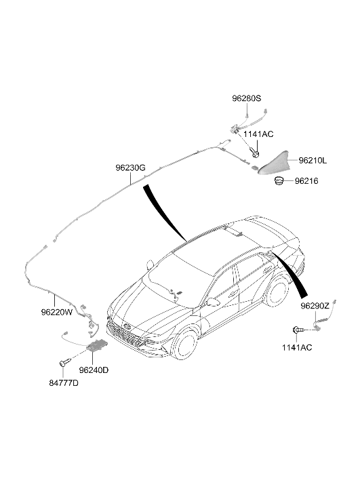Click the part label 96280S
[247, 98]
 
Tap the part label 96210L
[313, 161]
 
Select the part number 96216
[306, 181]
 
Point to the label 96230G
[130, 168]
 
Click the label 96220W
[56, 312]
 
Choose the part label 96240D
[94, 370]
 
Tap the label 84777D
[64, 383]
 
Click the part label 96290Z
[315, 306]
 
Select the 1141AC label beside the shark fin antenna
[258, 134]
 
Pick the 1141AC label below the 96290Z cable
[297, 347]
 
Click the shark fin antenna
[273, 163]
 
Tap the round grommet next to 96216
[279, 181]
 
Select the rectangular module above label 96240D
[98, 346]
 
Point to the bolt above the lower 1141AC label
[298, 330]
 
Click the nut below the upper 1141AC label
[255, 154]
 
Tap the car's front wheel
[184, 344]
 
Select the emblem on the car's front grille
[127, 326]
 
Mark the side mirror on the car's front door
[212, 302]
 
